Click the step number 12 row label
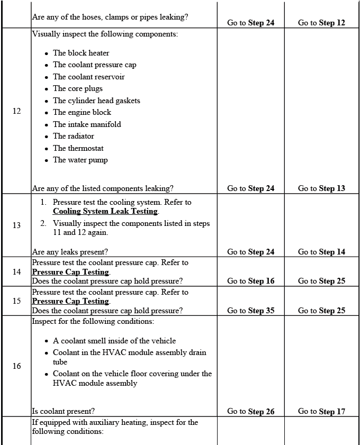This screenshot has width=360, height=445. (16, 111)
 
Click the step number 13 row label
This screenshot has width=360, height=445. (16, 225)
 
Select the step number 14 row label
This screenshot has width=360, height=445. (16, 272)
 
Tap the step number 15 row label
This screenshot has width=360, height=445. (16, 301)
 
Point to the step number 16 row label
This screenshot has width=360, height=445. (16, 366)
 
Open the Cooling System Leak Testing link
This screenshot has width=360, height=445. (105, 211)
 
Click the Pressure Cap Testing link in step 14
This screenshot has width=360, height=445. (70, 272)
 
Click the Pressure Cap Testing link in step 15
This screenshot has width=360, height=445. (70, 301)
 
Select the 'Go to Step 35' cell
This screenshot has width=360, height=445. (250, 311)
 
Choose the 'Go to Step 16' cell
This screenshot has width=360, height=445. (250, 281)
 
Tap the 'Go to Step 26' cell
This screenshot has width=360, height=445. (250, 411)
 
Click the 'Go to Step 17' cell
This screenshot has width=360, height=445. (321, 411)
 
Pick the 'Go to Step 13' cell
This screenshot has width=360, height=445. (321, 188)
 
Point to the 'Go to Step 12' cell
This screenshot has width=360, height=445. (321, 23)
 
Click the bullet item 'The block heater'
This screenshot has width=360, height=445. (81, 53)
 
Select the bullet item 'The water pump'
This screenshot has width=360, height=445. (80, 160)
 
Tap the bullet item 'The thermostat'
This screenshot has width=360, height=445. (78, 148)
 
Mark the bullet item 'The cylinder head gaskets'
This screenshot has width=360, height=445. (96, 101)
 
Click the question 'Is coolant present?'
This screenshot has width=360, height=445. (64, 411)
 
